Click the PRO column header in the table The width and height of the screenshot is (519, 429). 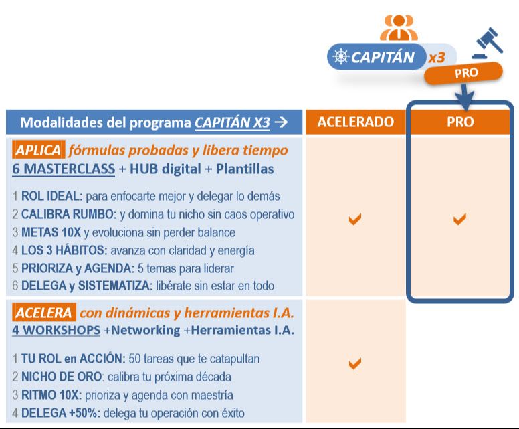point(459,122)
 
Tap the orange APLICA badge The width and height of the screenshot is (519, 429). point(38,150)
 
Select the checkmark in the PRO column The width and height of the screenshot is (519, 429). point(459,219)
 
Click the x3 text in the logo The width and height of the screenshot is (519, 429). point(436,58)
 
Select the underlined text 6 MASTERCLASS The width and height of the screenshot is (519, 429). point(64,169)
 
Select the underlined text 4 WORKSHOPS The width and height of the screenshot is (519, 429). point(56,330)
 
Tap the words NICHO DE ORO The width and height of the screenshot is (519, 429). point(60,377)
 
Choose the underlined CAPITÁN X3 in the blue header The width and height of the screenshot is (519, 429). point(232,122)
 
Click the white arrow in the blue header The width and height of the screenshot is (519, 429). point(281,122)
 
